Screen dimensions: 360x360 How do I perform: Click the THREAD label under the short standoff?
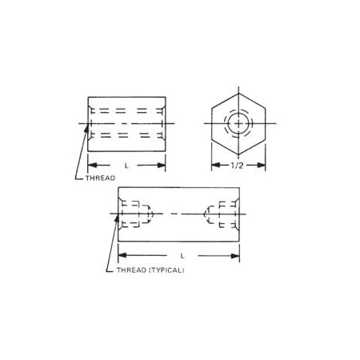pos(100,178)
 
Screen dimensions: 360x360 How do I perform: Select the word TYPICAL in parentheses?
pos(167,270)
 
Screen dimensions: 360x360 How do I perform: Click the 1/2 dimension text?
pos(237,166)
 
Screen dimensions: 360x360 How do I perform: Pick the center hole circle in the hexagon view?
pos(237,123)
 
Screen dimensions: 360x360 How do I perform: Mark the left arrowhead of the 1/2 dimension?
pos(213,166)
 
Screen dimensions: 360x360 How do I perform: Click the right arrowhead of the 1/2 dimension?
pos(261,166)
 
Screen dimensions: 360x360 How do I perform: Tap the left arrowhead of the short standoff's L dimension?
pos(90,166)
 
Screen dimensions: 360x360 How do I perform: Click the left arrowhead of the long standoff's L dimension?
pos(121,256)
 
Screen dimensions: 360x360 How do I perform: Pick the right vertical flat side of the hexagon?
pos(262,123)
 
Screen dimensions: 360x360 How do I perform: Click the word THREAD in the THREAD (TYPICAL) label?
pos(128,270)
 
